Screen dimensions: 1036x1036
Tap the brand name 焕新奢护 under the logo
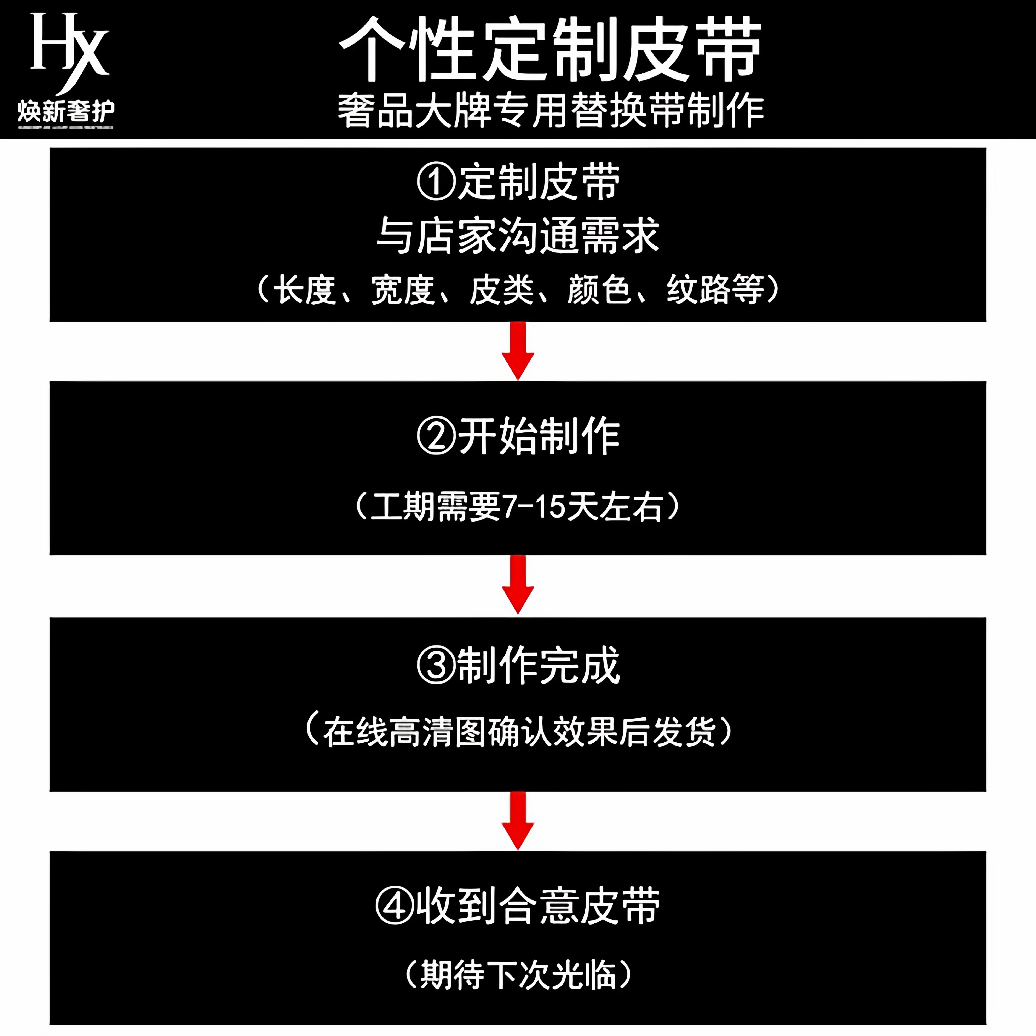(x=65, y=112)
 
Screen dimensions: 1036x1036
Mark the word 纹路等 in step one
(x=715, y=290)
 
